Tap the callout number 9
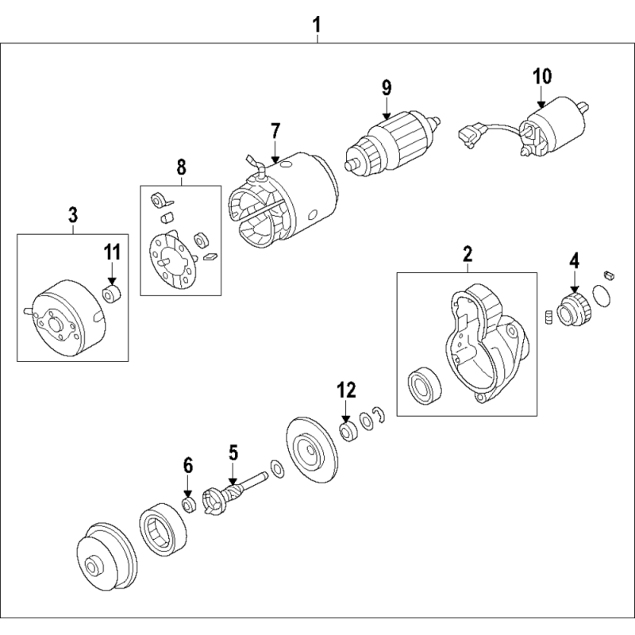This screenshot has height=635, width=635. (387, 87)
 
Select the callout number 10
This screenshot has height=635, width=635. (541, 77)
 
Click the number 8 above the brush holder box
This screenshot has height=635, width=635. (181, 167)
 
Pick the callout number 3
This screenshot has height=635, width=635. (72, 214)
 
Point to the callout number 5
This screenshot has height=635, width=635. (233, 453)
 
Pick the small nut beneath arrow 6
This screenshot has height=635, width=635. (189, 505)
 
